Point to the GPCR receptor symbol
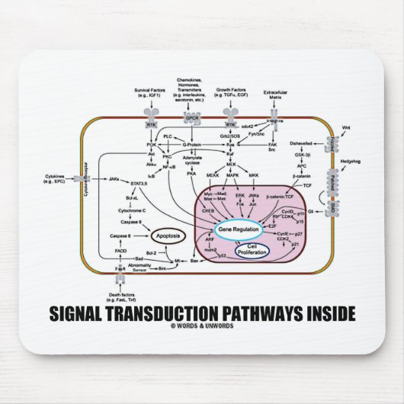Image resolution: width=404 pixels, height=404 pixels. [191, 119]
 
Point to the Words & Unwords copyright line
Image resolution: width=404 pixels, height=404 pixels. [201, 326]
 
